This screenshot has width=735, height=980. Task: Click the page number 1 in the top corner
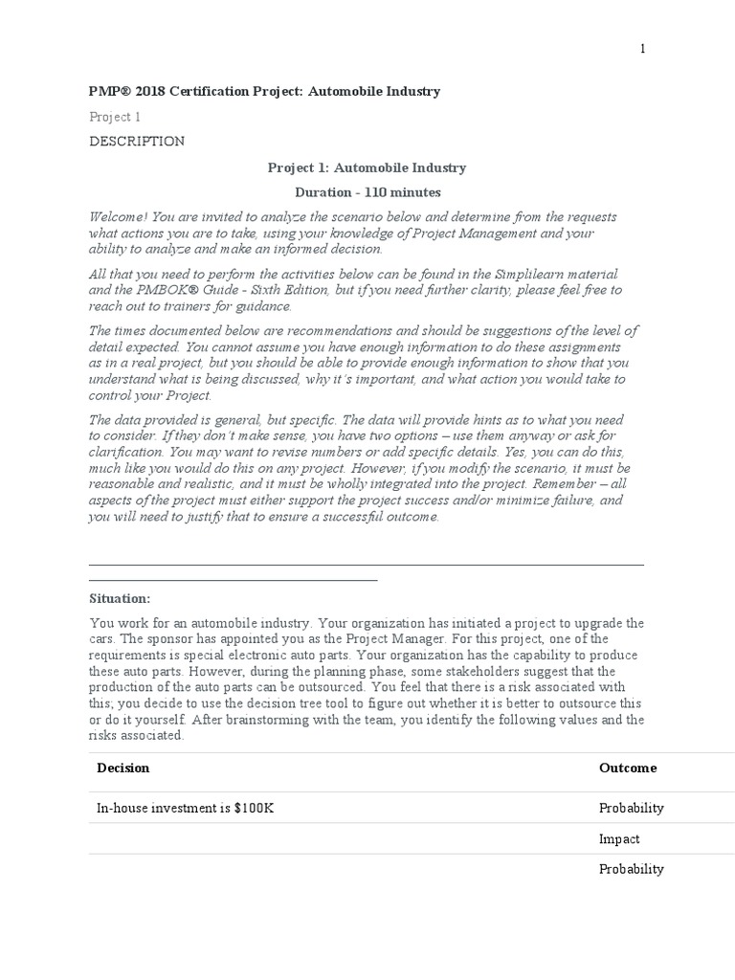pos(643,49)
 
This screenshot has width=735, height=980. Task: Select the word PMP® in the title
pos(106,91)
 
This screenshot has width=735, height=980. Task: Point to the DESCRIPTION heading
pos(137,142)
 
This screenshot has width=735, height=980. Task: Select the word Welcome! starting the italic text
pos(117,217)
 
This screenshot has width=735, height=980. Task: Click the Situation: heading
pos(120,598)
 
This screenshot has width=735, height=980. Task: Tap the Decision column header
pos(123,768)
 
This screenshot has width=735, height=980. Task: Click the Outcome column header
pos(628,768)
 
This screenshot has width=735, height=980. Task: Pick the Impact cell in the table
pos(619,839)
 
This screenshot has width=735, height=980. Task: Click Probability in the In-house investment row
pos(632,808)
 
